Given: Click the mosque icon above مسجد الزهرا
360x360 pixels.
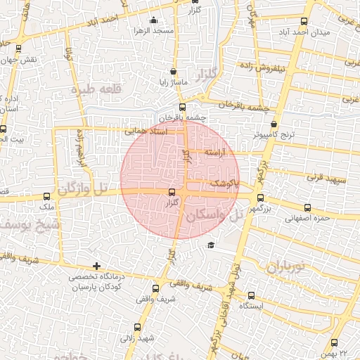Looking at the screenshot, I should (x=154, y=20).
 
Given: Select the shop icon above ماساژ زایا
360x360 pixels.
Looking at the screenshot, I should (x=173, y=71).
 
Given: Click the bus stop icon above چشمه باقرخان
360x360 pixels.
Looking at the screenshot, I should (x=183, y=108).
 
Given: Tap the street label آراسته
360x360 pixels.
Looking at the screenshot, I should (x=217, y=152).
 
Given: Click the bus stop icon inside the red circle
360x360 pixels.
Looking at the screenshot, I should (x=172, y=192).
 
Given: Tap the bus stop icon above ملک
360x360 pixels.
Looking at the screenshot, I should (x=49, y=198).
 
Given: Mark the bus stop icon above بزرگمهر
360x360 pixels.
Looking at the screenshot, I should (x=260, y=198).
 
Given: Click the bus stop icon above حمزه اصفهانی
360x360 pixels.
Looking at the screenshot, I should (x=307, y=207).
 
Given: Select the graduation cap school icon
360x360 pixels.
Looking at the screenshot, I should (x=210, y=245).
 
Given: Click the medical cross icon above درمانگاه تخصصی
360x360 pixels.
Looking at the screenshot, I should (x=96, y=266).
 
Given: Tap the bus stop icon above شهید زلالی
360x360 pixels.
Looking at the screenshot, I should (x=138, y=327).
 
